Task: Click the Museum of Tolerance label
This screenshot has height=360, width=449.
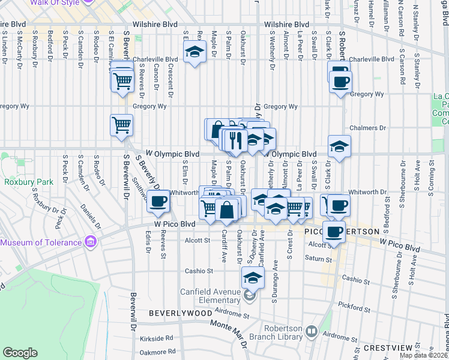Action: [41, 242]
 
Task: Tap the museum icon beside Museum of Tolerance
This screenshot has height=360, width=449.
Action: [90, 242]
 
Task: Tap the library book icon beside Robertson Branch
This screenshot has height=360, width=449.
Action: [311, 331]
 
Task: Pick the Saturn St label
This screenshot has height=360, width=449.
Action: [319, 260]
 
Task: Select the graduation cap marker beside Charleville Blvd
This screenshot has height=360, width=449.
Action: [193, 54]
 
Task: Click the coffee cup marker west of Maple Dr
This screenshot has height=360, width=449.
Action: [158, 202]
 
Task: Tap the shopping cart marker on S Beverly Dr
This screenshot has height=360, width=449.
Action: [121, 125]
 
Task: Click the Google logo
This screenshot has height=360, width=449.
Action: [20, 353]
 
